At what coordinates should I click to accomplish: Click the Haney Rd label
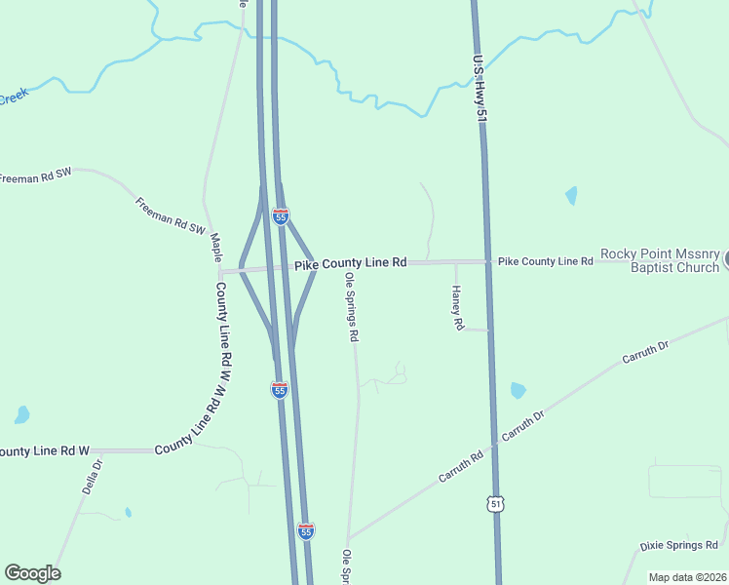pos(457,308)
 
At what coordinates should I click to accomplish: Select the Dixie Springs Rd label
pos(678,545)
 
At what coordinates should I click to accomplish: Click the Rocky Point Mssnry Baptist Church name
pos(659,260)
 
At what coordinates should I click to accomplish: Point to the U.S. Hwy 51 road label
pos(479,88)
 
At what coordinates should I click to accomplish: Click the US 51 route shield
pos(496,503)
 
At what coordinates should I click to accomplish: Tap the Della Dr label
pos(92,476)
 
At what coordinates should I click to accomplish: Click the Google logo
pos(32,573)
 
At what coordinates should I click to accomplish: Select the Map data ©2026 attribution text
pos(688,577)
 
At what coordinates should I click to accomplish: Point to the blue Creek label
pos(14,97)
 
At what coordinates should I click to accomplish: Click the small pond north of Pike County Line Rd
pos(570,195)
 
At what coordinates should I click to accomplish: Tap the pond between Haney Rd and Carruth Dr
pos(518,391)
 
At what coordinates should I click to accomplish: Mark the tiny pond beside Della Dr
pos(128,512)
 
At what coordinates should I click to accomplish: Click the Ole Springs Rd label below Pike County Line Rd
pos(351,307)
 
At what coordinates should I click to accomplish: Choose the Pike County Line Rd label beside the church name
pos(545,261)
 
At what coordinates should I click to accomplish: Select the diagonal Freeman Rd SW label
pos(171,214)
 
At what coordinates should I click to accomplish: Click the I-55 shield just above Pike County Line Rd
pos(280,216)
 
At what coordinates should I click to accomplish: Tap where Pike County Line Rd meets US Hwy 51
pos(487,261)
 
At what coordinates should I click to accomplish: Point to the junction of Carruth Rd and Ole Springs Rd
pos(348,537)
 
